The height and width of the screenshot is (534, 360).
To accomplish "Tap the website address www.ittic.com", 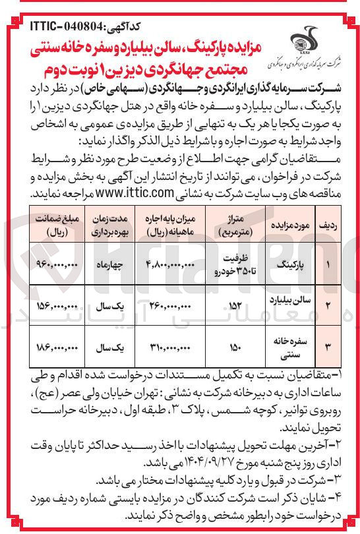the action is tap(136, 194).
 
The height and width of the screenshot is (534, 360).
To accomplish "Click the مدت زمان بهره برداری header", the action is tap(107, 225).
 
